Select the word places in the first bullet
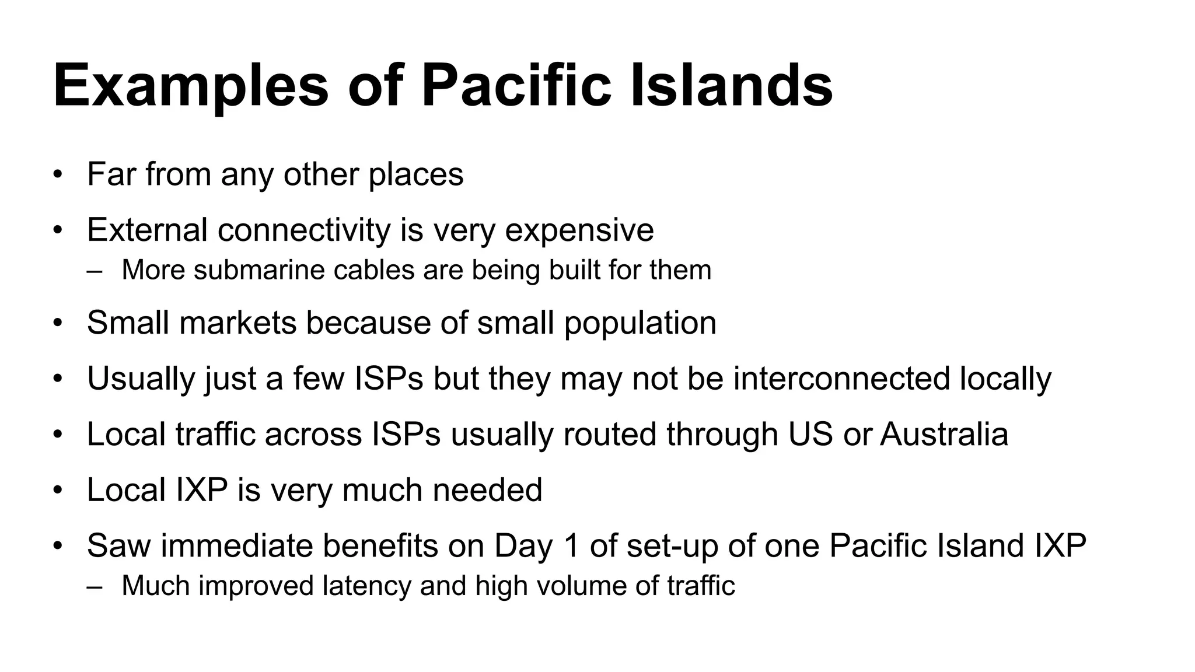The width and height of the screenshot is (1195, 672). pyautogui.click(x=416, y=174)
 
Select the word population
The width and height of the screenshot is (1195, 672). pyautogui.click(x=640, y=324)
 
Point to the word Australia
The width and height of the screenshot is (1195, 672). pyautogui.click(x=944, y=435)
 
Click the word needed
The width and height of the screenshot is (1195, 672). pyautogui.click(x=487, y=490)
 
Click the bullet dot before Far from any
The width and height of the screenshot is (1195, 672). pyautogui.click(x=57, y=175)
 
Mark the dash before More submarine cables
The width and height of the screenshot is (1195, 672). pyautogui.click(x=94, y=271)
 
